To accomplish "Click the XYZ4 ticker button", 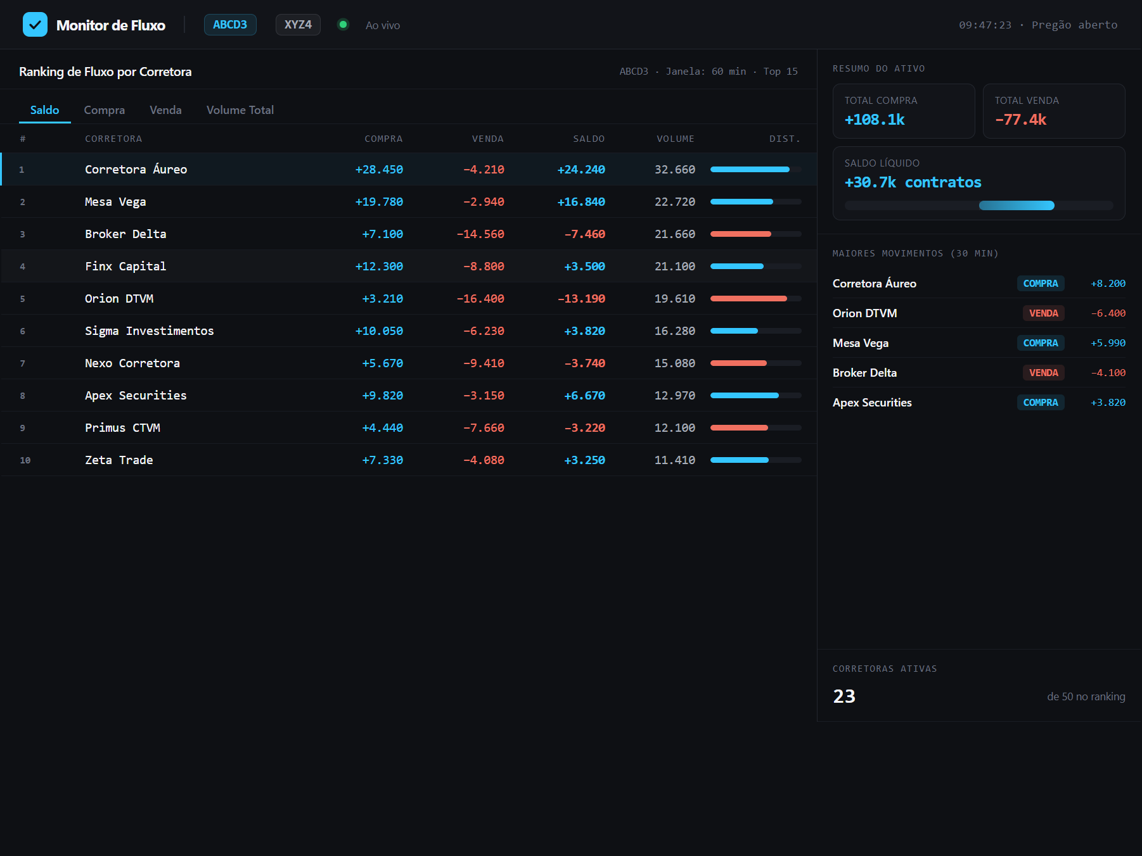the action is (298, 25).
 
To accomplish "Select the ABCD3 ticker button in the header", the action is (230, 25).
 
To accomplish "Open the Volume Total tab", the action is (240, 110).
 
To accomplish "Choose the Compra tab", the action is (105, 110).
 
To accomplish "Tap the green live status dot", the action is (343, 25).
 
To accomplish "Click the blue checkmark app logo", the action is (35, 25).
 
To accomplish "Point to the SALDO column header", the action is (589, 139).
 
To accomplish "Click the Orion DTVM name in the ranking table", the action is (119, 298).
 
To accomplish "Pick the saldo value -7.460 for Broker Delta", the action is (585, 234).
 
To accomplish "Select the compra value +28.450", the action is (379, 169).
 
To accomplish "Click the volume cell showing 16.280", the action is (675, 330).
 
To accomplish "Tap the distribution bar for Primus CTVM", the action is (755, 427).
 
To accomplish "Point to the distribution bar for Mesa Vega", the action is (755, 201).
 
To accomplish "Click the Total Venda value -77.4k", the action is (1020, 120).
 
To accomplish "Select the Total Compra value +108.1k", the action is (875, 120).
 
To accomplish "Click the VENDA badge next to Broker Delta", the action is (1043, 372).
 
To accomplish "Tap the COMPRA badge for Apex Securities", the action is (1041, 402).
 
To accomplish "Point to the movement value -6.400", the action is (1108, 313).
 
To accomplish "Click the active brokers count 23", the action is (844, 696).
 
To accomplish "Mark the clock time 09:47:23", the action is (985, 25).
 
